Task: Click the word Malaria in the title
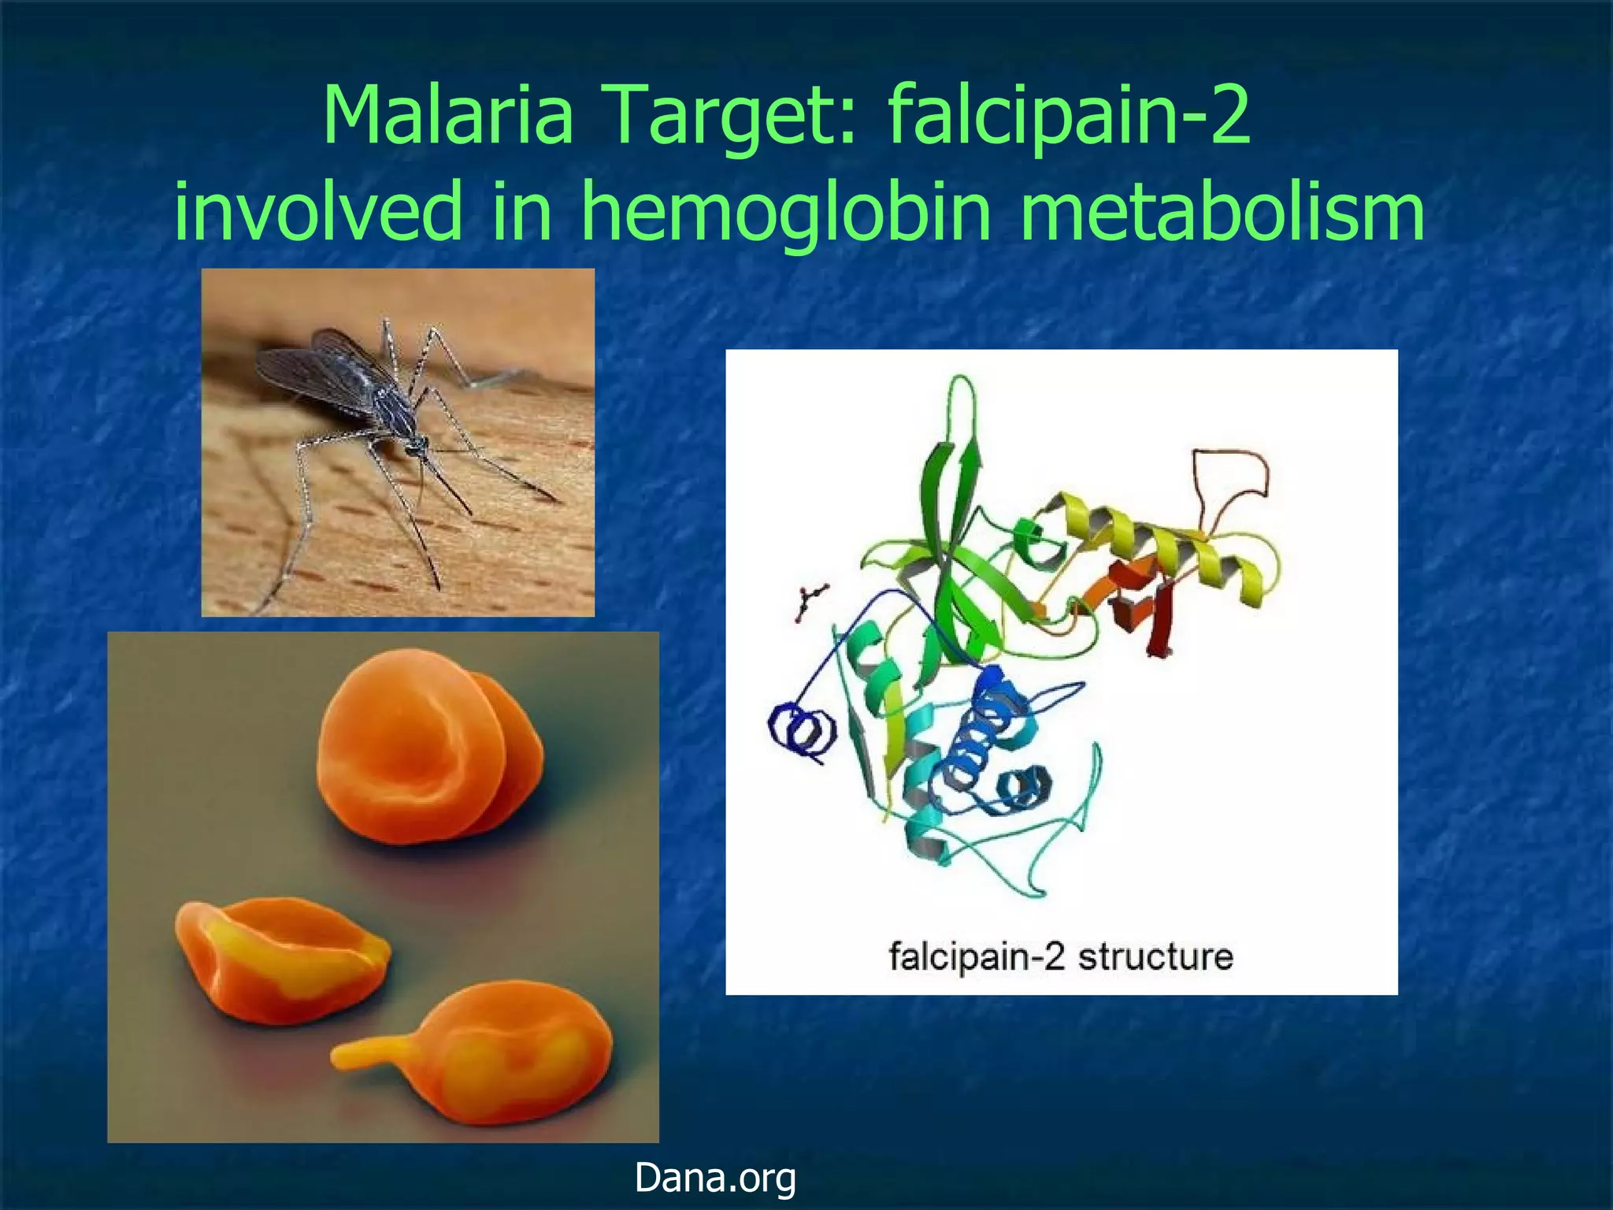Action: (x=447, y=116)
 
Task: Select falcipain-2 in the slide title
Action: (x=1069, y=116)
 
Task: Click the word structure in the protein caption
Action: (x=1155, y=956)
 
